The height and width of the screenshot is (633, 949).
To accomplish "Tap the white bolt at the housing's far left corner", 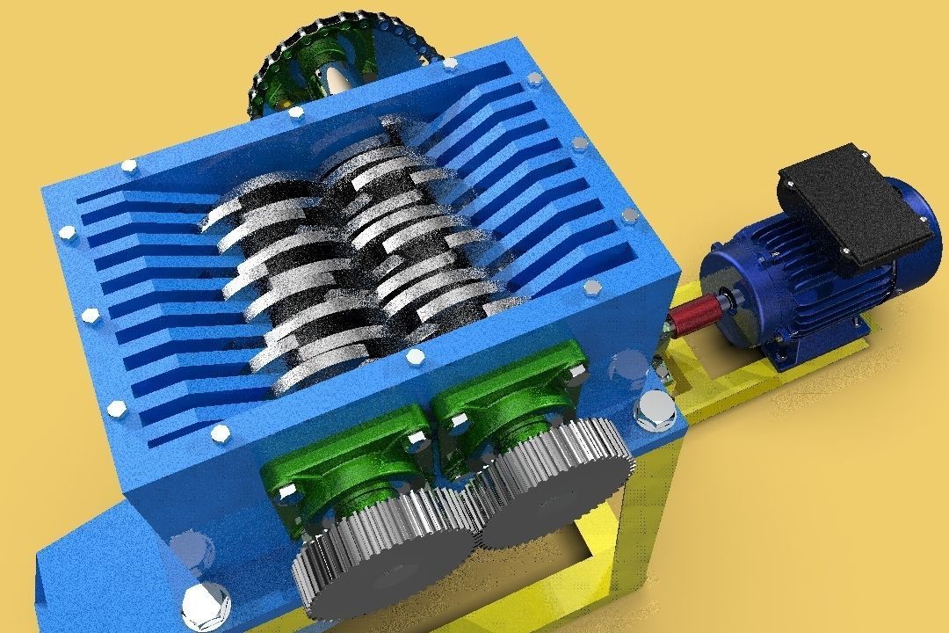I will [67, 233].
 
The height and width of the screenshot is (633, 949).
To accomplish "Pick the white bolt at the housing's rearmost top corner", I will [450, 63].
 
